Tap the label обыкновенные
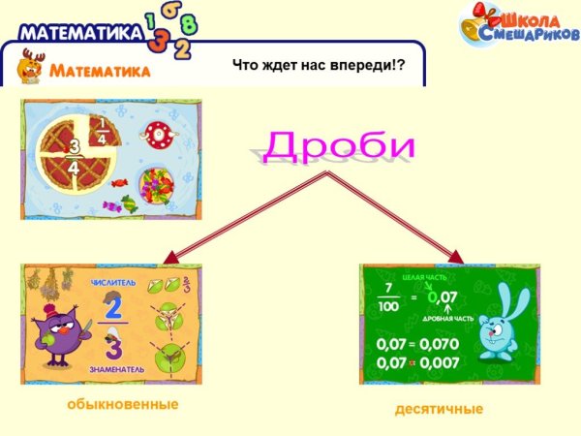[123, 402]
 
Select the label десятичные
[439, 409]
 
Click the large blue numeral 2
[114, 306]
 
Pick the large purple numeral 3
[114, 347]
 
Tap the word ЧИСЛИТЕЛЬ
[113, 283]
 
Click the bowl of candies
[156, 183]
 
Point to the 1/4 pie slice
[99, 130]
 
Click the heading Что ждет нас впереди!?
[318, 65]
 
